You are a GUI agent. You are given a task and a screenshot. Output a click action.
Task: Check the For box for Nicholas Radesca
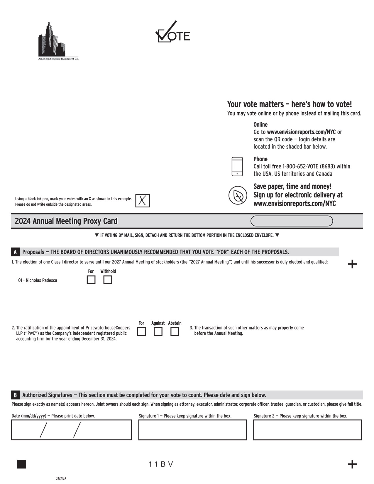point(91,280)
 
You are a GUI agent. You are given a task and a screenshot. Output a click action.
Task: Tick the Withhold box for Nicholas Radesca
point(108,280)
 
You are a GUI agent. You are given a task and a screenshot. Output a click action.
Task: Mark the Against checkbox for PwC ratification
point(158,331)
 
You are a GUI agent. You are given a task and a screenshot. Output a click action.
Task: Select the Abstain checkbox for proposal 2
point(175,331)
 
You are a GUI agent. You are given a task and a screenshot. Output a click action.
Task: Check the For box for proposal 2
point(141,331)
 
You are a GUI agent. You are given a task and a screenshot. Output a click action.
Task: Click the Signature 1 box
point(192,430)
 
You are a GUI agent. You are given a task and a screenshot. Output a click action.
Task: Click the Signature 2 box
point(307,430)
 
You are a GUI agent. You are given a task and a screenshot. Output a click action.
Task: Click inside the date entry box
point(71,430)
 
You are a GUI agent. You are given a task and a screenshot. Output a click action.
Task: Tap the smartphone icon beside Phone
point(237,166)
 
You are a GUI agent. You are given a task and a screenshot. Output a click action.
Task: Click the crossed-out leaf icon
point(238,195)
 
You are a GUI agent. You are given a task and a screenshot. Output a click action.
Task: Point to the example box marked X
point(143,201)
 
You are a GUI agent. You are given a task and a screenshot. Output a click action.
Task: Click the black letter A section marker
point(15,252)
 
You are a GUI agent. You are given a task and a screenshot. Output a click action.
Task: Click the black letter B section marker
point(15,395)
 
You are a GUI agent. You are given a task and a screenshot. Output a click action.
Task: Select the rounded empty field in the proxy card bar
point(292,221)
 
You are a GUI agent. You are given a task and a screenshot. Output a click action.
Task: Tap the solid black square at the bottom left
point(22,464)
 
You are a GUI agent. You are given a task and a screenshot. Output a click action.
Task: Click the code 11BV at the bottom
point(161,464)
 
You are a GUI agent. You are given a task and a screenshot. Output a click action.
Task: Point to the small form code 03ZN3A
point(61,478)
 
